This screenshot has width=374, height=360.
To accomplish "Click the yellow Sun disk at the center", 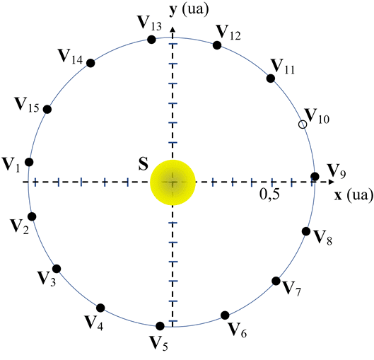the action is pyautogui.click(x=173, y=182).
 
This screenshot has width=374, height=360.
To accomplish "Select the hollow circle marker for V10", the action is pyautogui.click(x=303, y=124).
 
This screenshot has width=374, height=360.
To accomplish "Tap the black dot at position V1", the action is pyautogui.click(x=29, y=162).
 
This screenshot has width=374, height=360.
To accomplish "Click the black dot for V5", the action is pyautogui.click(x=160, y=325).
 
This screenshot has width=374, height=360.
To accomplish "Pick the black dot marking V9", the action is pyautogui.click(x=315, y=177).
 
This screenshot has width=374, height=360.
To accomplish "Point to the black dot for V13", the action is pyautogui.click(x=151, y=40).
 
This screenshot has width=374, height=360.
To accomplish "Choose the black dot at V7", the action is pyautogui.click(x=276, y=281).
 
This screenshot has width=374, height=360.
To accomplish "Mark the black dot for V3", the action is pyautogui.click(x=57, y=269).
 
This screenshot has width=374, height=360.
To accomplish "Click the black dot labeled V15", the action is pyautogui.click(x=47, y=109).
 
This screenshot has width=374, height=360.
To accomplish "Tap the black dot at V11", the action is pyautogui.click(x=271, y=79).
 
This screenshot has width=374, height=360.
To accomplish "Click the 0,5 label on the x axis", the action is pyautogui.click(x=269, y=194).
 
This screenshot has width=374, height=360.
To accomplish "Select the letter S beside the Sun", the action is pyautogui.click(x=143, y=164).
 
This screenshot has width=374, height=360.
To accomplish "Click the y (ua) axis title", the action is pyautogui.click(x=189, y=10).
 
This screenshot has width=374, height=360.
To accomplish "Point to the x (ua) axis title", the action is pyautogui.click(x=353, y=195).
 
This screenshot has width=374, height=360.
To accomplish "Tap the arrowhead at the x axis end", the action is pyautogui.click(x=331, y=182).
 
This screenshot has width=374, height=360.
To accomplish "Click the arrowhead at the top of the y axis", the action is pyautogui.click(x=173, y=29).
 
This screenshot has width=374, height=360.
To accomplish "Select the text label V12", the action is pyautogui.click(x=228, y=33).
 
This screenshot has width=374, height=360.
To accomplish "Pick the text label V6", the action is pyautogui.click(x=238, y=330).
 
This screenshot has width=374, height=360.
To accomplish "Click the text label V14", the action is pyautogui.click(x=71, y=57).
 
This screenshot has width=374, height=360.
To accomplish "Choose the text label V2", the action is pyautogui.click(x=20, y=226).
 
